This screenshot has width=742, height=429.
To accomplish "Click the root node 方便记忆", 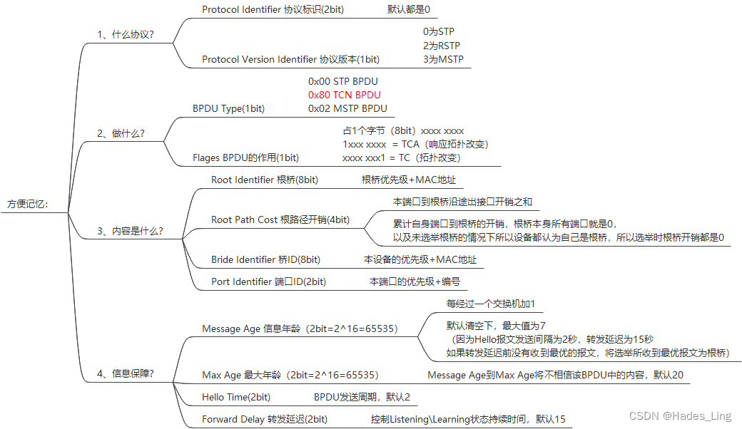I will coord(28,204).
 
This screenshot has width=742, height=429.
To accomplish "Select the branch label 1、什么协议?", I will coord(126,34).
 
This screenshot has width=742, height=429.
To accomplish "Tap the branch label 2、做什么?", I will coord(121,133).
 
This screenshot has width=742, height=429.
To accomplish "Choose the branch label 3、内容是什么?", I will coord(130,231).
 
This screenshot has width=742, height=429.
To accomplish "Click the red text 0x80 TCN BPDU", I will coord(344,95).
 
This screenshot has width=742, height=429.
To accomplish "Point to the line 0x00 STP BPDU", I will coord(342,81).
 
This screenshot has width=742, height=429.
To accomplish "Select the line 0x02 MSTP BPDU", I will coord(347,108).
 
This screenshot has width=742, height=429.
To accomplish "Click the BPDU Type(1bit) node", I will coord(228,108).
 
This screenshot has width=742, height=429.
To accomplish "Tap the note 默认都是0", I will coord(409,9).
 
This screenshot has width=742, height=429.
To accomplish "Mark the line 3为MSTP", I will coord(442,59).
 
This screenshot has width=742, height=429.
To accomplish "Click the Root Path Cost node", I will coord(280,219).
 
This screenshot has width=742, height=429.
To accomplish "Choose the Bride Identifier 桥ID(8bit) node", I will coord(265,259).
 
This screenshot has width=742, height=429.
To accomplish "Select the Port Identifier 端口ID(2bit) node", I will coord(268,281).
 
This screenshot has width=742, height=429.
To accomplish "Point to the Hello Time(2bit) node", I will coord(236,396).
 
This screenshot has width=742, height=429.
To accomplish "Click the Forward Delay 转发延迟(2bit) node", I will coord(265,419).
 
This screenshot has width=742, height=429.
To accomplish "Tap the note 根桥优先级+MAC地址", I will coord(408,180).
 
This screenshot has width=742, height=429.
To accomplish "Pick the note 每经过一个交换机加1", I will coord(490,304).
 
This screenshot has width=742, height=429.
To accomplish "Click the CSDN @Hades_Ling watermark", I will coord(687,415).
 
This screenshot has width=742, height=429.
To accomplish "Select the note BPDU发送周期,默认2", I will coord(362,396).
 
